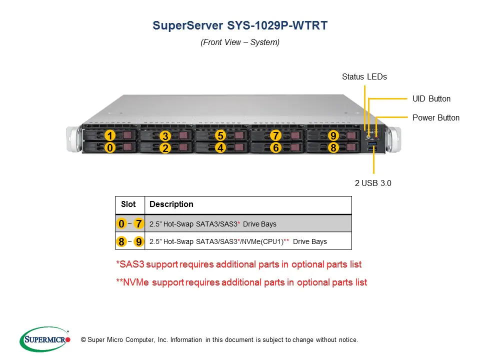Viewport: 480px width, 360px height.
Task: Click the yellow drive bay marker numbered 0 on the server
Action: click(110, 147)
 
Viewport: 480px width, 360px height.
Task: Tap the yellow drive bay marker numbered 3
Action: click(165, 135)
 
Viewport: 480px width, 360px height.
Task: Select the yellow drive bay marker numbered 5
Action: click(220, 135)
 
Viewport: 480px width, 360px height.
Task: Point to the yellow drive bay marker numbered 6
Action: click(276, 147)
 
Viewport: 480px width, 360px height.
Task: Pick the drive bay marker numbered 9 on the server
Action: click(333, 135)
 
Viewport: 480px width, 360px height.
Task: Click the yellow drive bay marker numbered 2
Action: click(165, 148)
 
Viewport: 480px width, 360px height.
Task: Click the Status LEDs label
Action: click(364, 76)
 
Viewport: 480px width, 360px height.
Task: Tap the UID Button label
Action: click(431, 98)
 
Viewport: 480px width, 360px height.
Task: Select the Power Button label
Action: click(436, 117)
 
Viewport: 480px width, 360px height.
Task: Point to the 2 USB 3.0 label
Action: click(373, 183)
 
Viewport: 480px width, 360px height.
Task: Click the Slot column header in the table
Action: click(128, 204)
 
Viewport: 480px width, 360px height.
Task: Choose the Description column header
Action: click(171, 204)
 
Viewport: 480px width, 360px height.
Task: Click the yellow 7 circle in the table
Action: click(138, 224)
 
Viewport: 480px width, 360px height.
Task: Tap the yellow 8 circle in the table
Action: click(121, 241)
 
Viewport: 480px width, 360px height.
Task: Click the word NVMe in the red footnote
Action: click(136, 282)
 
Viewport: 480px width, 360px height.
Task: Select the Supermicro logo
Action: click(45, 339)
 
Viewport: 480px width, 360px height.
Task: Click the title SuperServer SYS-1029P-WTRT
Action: click(240, 25)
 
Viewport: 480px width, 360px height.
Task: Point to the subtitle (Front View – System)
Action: click(240, 42)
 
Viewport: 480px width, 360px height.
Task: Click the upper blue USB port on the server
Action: click(372, 143)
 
